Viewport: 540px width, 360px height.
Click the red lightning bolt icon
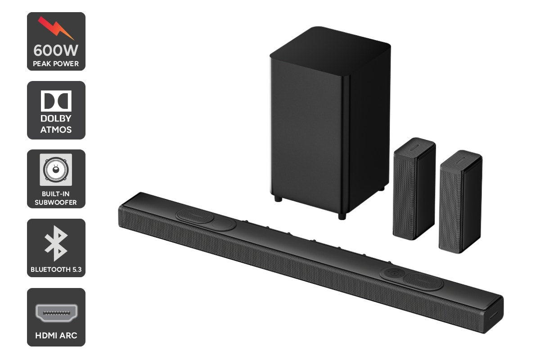point(56,28)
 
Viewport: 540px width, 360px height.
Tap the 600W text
point(56,49)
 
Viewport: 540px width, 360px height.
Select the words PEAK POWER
point(56,63)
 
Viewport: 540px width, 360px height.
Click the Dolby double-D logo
point(56,101)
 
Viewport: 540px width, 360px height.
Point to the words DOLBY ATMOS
point(56,125)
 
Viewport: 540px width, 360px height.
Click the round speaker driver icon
point(56,170)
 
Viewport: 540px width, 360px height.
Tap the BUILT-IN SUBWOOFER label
point(56,198)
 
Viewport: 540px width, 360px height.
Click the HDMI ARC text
point(56,336)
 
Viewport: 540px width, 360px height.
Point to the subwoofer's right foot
point(342,216)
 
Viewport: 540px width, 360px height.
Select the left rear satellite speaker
point(414,189)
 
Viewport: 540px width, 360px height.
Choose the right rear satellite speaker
point(460,202)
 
